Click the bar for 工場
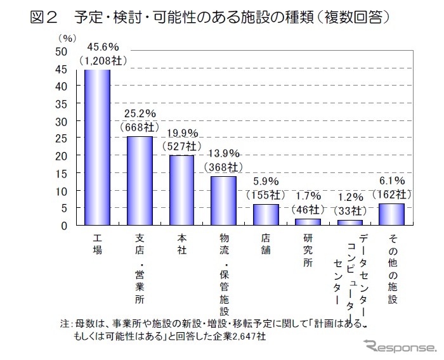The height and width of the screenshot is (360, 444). tap(98, 147)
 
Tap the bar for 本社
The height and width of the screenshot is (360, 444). tap(181, 190)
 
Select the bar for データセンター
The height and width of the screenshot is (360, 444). tap(349, 222)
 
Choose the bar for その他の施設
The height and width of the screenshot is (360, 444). tap(391, 214)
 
